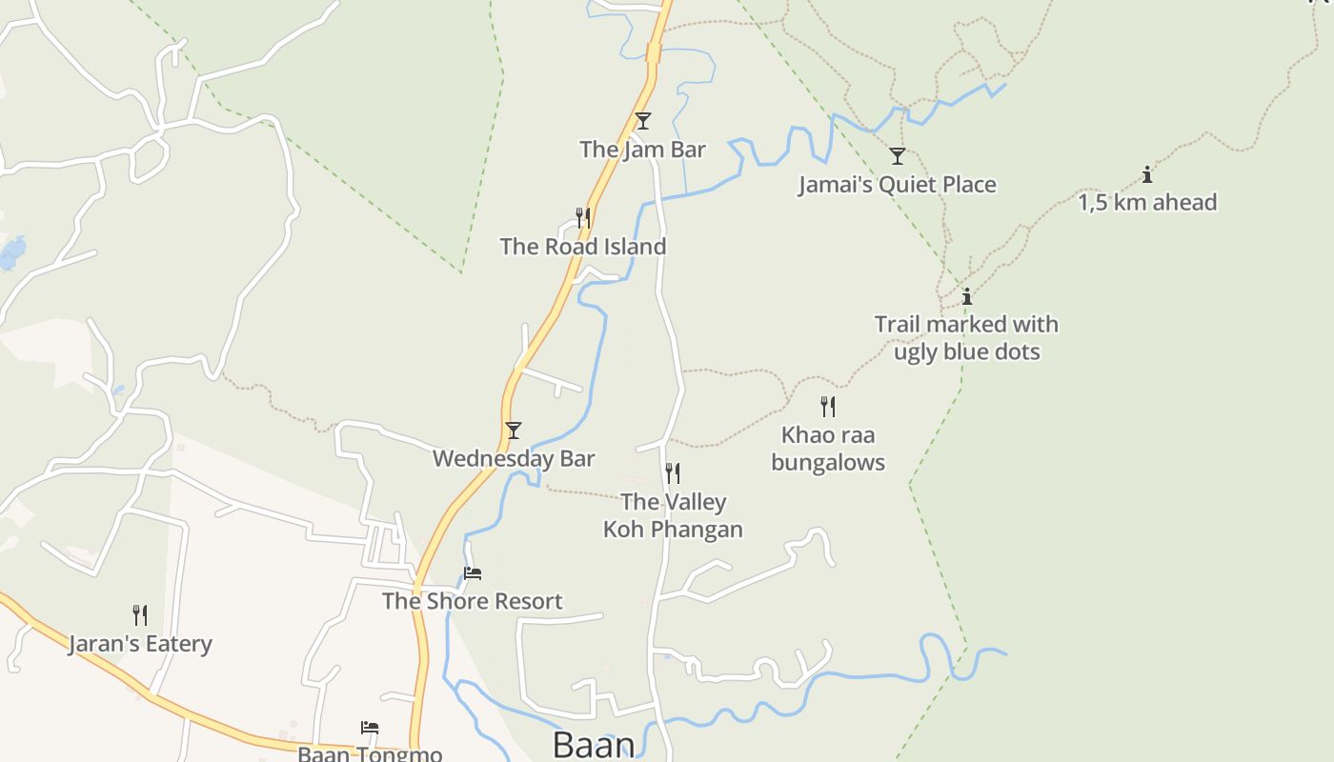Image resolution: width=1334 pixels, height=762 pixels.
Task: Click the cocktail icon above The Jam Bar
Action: pos(643,121)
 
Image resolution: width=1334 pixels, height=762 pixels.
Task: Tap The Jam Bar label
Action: pos(642,150)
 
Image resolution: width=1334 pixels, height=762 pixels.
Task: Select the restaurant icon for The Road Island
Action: pos(582,218)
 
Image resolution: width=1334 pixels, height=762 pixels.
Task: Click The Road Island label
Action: pos(582,247)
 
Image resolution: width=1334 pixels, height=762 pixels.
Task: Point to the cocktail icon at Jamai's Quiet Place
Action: pos(897,156)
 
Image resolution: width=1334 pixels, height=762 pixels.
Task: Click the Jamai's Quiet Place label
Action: pos(897,185)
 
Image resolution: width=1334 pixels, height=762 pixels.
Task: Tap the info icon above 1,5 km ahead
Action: pos(1147,174)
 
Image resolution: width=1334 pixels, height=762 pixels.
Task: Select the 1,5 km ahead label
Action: pos(1147,203)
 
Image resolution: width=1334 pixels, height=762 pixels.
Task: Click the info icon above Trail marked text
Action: pos(967,296)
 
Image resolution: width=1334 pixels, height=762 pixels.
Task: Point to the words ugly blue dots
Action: pos(966,351)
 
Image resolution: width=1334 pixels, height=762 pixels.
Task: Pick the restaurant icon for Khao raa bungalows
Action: pos(828,407)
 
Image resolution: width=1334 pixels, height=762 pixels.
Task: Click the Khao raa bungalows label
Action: pos(828,449)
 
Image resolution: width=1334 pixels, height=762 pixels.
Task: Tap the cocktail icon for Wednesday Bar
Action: pos(514,431)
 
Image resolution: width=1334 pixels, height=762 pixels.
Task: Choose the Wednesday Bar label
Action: pos(514,459)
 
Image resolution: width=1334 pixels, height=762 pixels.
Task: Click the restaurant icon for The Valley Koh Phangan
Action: pos(673,473)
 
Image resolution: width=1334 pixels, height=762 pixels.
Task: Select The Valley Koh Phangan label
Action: pos(673,515)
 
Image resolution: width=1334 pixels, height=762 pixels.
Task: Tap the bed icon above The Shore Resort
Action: pos(473,573)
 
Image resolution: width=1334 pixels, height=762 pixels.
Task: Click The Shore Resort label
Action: pos(473,602)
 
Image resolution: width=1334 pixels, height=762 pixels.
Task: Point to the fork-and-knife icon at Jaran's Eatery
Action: pos(140,615)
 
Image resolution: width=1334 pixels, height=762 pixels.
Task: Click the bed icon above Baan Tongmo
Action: pos(370,728)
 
